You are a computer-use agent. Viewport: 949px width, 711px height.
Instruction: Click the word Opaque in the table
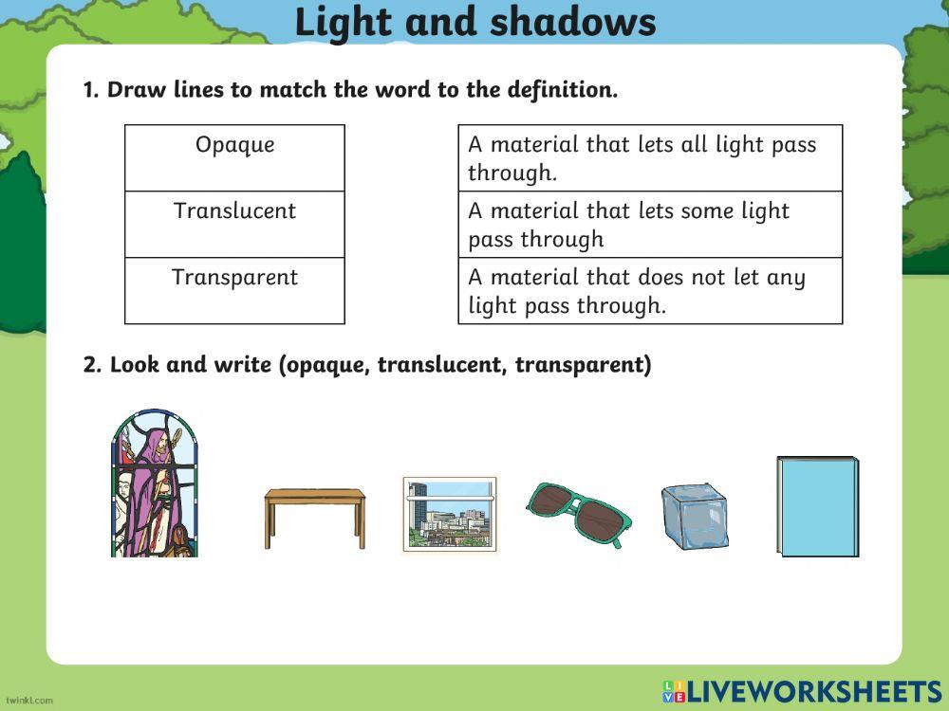(234, 145)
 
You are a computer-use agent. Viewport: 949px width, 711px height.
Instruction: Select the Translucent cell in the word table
(234, 211)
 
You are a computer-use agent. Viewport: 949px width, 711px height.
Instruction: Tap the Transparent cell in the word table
(234, 278)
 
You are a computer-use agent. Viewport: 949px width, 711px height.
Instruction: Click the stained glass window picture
(156, 483)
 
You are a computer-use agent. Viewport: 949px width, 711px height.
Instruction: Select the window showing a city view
(450, 514)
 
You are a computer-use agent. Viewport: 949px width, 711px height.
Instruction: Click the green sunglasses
(578, 512)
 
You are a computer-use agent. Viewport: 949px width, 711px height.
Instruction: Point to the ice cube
(695, 517)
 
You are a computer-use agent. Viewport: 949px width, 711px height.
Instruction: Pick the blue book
(818, 506)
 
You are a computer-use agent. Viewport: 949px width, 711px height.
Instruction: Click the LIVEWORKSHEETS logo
(801, 691)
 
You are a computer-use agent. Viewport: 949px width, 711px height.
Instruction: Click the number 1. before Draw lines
(91, 91)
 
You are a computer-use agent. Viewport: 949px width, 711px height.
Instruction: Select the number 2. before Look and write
(92, 366)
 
